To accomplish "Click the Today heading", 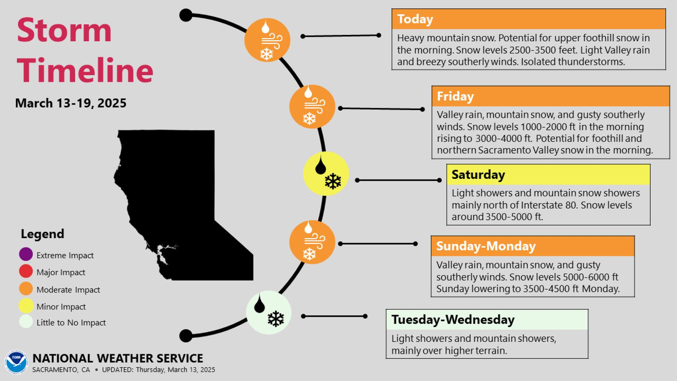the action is tap(415, 19).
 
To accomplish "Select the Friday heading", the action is tap(455, 96).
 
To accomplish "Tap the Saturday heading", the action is tap(478, 175).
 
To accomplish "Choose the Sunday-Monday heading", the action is tap(486, 246).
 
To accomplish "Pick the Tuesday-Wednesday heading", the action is tap(452, 319).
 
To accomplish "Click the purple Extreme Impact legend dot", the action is tap(26, 254).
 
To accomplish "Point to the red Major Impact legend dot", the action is tap(26, 271).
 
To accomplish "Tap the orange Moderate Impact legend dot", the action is tap(26, 288).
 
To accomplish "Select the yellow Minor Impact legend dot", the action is tap(26, 305).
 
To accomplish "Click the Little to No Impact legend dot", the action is tap(26, 322).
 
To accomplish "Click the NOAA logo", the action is tap(16, 362).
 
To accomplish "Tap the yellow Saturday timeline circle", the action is tap(326, 174).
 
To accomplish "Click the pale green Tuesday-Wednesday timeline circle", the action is tap(269, 312).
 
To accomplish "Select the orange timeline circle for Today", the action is tap(267, 40).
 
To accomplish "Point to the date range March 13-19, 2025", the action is tap(71, 103).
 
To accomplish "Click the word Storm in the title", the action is tap(64, 30).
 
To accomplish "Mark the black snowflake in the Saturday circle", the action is tap(333, 181).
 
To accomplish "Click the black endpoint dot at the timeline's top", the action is tap(186, 15).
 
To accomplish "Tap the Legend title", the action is tap(43, 234).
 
